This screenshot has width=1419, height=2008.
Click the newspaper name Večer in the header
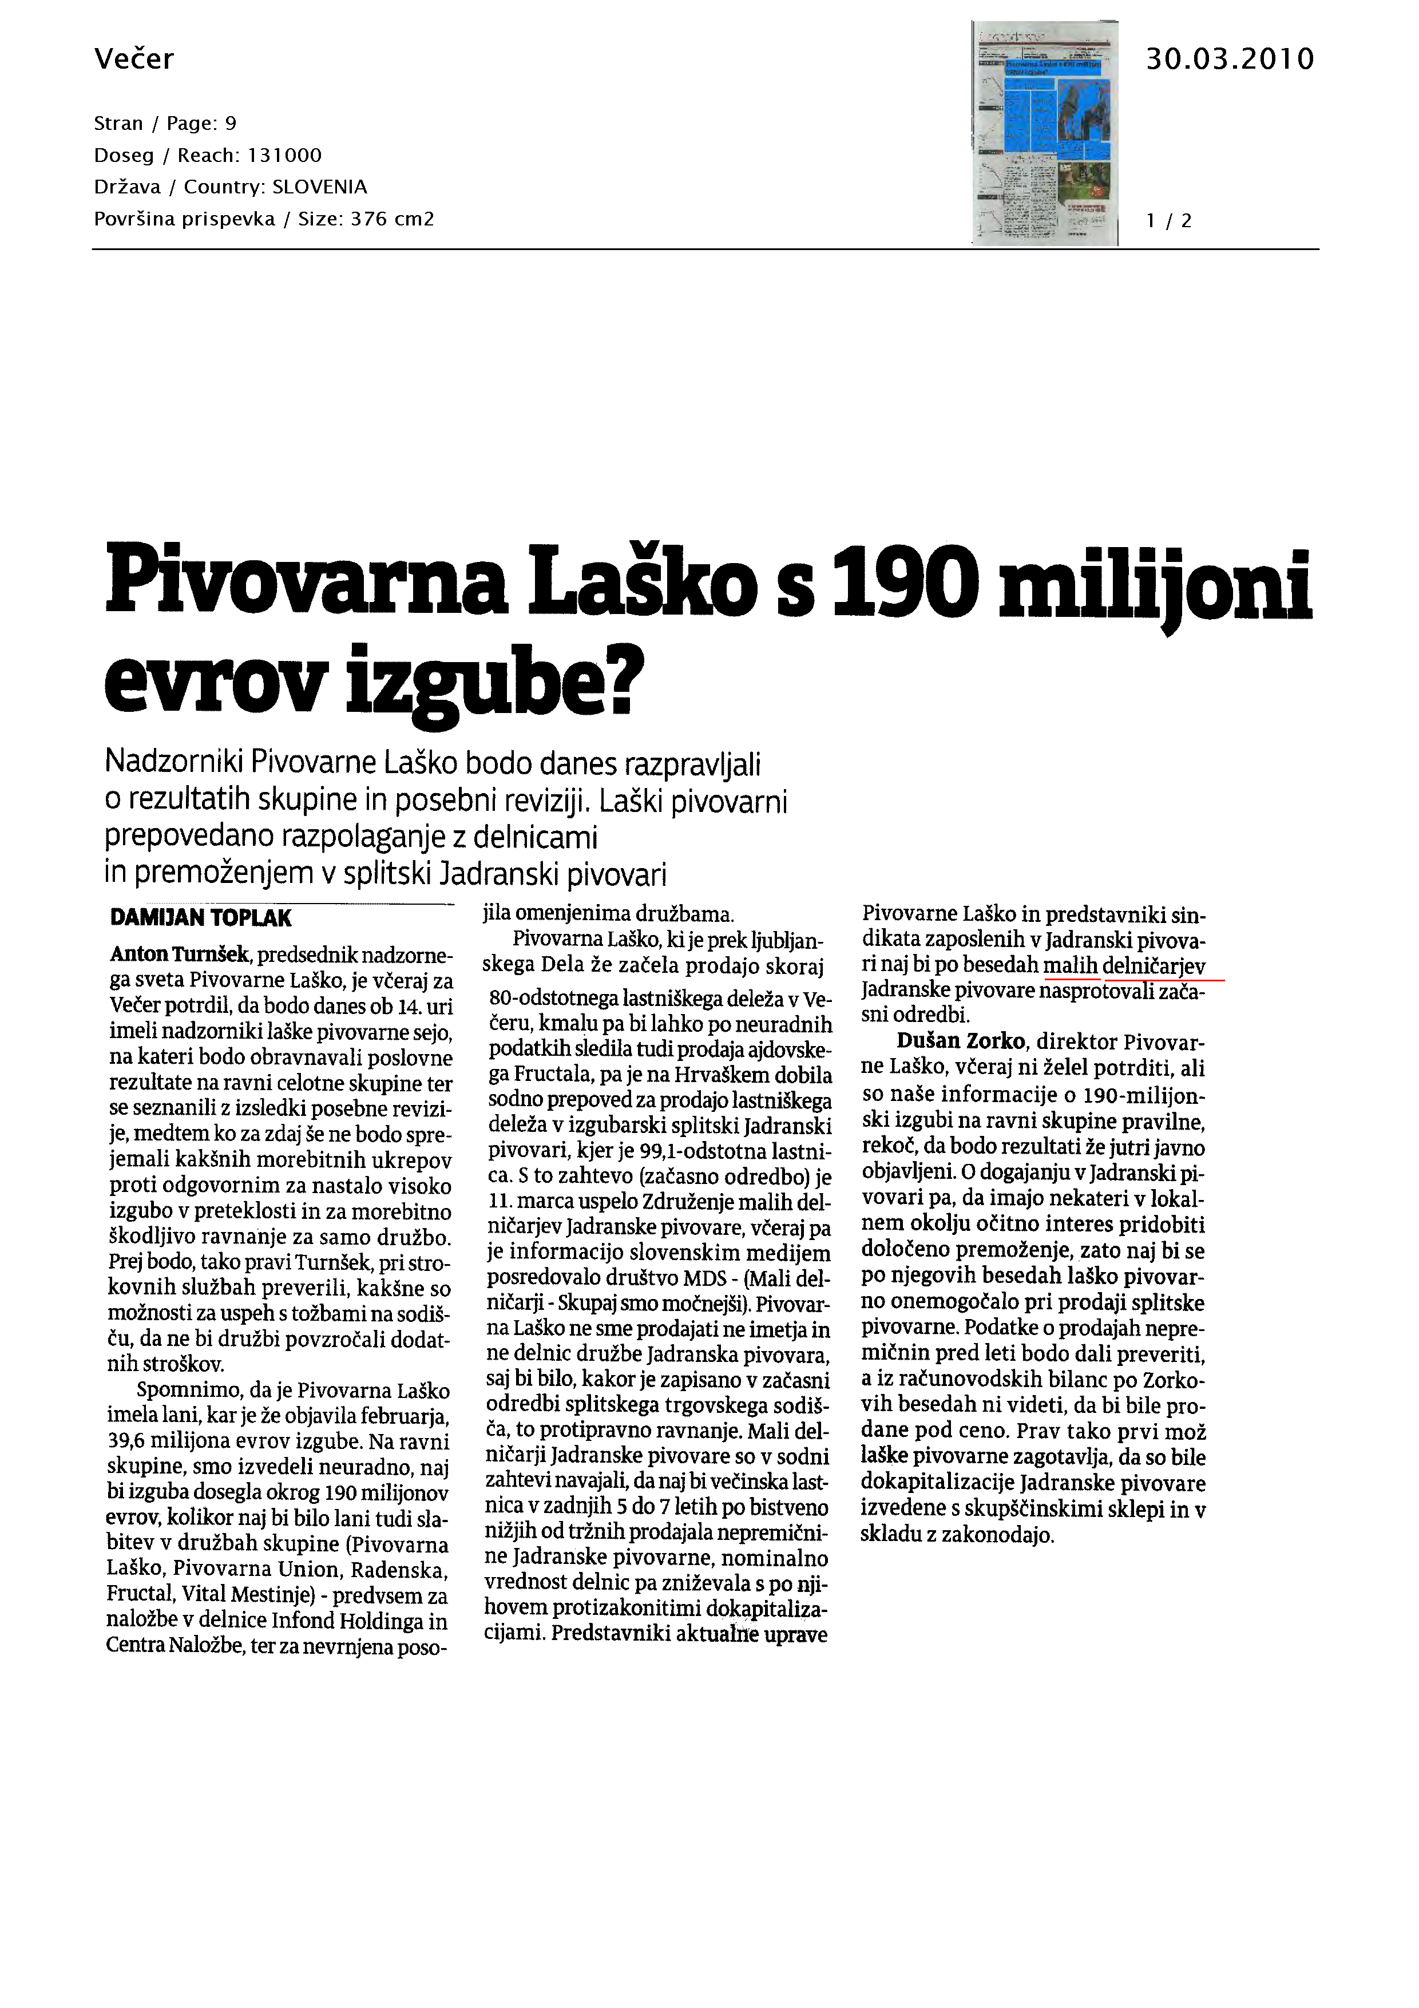pyautogui.click(x=134, y=58)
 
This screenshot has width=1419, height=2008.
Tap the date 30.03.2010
pyautogui.click(x=1229, y=58)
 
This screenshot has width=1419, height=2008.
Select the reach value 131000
pyautogui.click(x=285, y=156)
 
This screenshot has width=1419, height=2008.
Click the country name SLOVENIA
pyautogui.click(x=320, y=187)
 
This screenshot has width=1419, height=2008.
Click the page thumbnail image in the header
pyautogui.click(x=1045, y=132)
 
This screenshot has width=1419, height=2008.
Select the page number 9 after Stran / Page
pyautogui.click(x=231, y=123)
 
